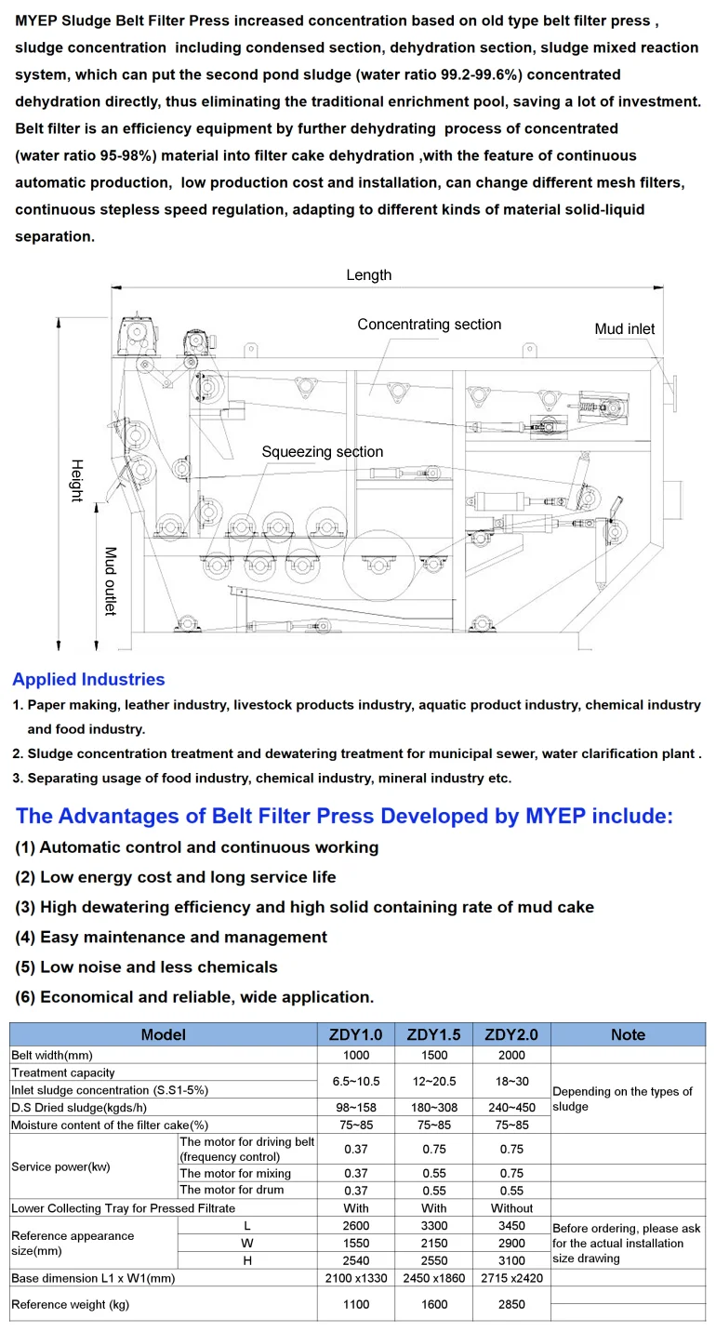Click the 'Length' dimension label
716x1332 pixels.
(369, 275)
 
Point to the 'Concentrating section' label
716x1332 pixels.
(429, 325)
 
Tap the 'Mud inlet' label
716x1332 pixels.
(624, 329)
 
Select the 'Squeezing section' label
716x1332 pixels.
(322, 452)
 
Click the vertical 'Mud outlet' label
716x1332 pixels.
(110, 580)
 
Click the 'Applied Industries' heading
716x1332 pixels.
(88, 680)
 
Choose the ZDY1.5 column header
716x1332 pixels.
(433, 1034)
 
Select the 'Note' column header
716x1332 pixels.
(628, 1034)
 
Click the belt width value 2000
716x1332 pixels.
(511, 1055)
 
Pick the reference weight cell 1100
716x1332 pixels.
(356, 1304)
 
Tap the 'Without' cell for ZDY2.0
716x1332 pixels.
(511, 1207)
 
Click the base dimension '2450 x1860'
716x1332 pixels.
(433, 1278)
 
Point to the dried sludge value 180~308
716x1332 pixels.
(433, 1107)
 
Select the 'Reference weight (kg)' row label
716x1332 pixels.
(70, 1304)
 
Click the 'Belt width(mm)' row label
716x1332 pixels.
(52, 1055)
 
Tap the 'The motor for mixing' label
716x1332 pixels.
(235, 1174)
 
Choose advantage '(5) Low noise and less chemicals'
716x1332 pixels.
(146, 966)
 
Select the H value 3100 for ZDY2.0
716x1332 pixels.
(511, 1259)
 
